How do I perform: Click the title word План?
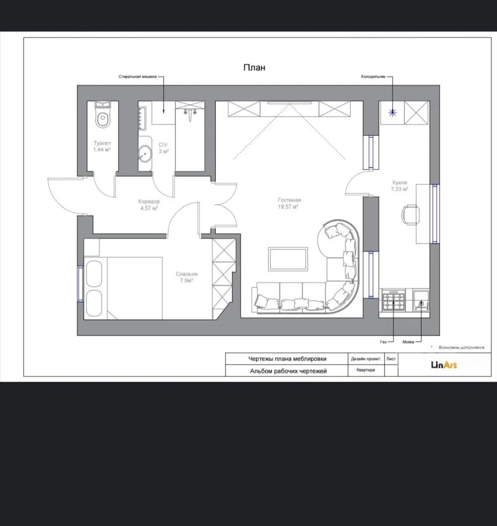coord(254,68)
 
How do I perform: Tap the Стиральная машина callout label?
coord(137,77)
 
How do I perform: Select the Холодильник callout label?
coord(373,77)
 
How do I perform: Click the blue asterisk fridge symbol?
coord(392,113)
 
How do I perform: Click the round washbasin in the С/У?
coord(145,153)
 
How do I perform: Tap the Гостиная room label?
coord(289,200)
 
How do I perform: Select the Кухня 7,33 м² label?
coord(399,186)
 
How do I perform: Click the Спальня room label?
coord(187,274)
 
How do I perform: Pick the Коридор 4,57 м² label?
coord(149,205)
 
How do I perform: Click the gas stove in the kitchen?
coord(394,300)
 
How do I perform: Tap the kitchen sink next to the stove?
coord(421,300)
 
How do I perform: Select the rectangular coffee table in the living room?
coord(288,259)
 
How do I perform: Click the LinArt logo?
coord(444,366)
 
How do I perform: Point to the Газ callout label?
coord(383,342)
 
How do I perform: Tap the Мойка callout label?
coord(408,342)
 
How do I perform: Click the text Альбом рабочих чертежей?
coord(288,371)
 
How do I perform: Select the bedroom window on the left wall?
coord(81,284)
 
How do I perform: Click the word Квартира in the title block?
coord(366,370)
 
